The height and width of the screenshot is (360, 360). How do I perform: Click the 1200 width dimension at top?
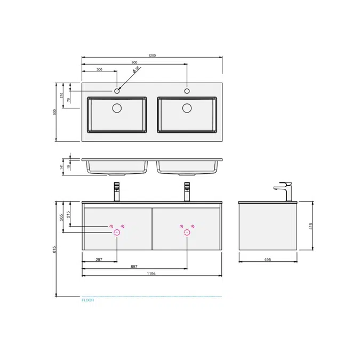(152, 55)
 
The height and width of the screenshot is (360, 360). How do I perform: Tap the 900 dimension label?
(134, 62)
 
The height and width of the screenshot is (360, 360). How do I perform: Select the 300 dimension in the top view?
(99, 69)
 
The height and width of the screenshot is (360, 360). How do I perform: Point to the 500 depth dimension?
(54, 112)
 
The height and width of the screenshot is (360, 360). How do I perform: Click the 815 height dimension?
(54, 249)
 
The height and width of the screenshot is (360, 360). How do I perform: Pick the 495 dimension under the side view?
(268, 260)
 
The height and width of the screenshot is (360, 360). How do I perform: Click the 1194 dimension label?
(151, 274)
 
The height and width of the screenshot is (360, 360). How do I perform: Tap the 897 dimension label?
(134, 267)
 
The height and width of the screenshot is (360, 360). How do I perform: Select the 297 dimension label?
(99, 260)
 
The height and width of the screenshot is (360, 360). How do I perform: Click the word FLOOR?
(87, 300)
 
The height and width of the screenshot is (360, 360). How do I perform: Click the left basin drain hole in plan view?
(117, 108)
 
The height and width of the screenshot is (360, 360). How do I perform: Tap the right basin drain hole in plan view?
(187, 108)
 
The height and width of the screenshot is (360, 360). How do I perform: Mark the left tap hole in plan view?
(117, 91)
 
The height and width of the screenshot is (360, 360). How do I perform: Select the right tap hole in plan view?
(187, 91)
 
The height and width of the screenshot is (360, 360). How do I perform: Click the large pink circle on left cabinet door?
(117, 232)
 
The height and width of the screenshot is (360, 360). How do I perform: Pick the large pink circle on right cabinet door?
(187, 232)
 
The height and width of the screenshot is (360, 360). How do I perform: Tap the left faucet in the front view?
(117, 191)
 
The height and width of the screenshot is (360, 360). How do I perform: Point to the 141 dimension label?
(62, 166)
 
